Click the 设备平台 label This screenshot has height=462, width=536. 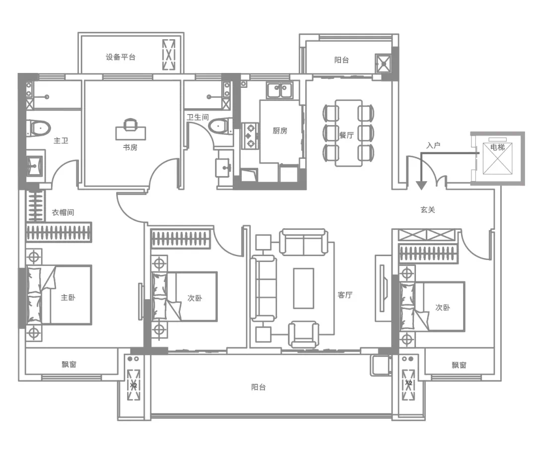coord(120,57)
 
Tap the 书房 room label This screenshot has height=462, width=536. coord(130,147)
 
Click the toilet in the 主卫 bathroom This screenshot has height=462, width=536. coord(39,128)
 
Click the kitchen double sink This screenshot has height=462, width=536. coord(279,90)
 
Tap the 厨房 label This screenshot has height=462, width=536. coord(280,131)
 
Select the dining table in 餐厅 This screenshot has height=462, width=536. coord(349,133)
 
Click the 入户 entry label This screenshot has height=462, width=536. coord(433,145)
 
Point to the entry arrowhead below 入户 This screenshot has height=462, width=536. coord(421,185)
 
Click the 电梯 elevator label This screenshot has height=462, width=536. coord(497,147)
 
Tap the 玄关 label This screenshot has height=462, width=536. coord(428,209)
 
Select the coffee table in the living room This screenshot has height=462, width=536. coord(304,288)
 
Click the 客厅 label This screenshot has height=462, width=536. coord(345,295)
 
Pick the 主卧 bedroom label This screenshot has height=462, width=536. coord(68,297)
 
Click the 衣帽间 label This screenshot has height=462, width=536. coord(63,212)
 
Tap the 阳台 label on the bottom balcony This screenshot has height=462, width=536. coord(259,387)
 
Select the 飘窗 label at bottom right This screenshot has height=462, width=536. coord(459,365)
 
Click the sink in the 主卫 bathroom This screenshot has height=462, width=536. coord(35,166)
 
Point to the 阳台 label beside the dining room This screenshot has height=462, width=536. coord(341,60)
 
